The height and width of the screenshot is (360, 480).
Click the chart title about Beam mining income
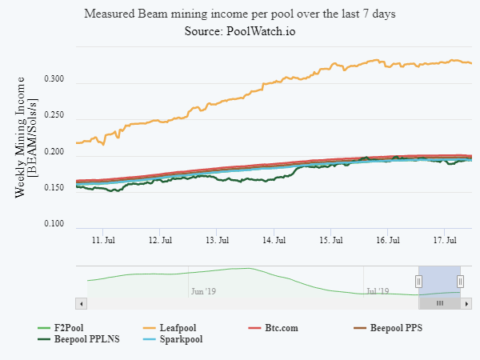[240, 14]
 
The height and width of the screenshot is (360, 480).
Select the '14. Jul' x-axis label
[274, 239]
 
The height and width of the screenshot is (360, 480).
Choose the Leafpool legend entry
[174, 328]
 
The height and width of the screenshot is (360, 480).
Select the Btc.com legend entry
[280, 328]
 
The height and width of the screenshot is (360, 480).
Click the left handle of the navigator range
[418, 281]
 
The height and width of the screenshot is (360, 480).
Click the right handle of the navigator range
[461, 281]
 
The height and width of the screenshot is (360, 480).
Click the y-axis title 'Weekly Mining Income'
[22, 136]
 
